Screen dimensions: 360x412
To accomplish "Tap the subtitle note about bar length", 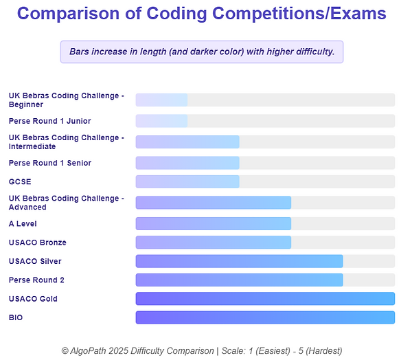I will pyautogui.click(x=202, y=52).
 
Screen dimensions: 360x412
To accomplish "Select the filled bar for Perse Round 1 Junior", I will pyautogui.click(x=161, y=121).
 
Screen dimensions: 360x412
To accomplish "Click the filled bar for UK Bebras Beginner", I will pyautogui.click(x=161, y=100).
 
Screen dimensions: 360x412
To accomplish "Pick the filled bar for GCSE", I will pyautogui.click(x=187, y=181).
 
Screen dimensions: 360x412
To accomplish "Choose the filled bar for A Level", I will pyautogui.click(x=214, y=223).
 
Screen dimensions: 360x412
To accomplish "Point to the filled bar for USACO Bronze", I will pyautogui.click(x=214, y=242).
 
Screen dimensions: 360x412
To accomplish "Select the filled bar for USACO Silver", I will pyautogui.click(x=239, y=261).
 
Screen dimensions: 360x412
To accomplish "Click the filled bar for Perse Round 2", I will pyautogui.click(x=239, y=280).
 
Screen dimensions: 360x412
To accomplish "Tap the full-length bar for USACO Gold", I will pyautogui.click(x=265, y=298).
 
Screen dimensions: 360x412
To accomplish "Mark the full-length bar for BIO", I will pyautogui.click(x=265, y=317).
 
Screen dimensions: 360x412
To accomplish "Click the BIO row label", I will pyautogui.click(x=16, y=317).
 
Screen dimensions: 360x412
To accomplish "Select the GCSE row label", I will pyautogui.click(x=20, y=181).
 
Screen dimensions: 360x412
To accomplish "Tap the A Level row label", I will pyautogui.click(x=23, y=223).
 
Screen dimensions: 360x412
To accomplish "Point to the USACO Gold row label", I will pyautogui.click(x=33, y=299).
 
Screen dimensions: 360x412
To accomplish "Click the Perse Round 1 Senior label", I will pyautogui.click(x=49, y=163).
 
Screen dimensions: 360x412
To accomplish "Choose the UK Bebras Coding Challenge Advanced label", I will pyautogui.click(x=66, y=203).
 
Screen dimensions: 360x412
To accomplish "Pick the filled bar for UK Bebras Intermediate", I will pyautogui.click(x=187, y=142).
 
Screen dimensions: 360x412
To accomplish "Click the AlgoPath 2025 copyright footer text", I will pyautogui.click(x=202, y=350).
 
